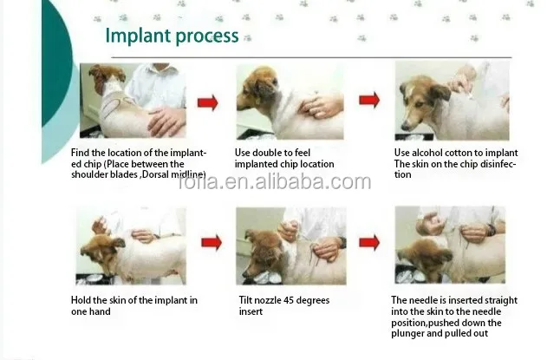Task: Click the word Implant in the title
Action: (x=138, y=36)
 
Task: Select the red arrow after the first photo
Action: (x=207, y=102)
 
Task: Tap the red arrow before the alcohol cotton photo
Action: (x=369, y=101)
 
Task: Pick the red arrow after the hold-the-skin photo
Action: (x=212, y=242)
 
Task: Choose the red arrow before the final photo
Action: (x=369, y=242)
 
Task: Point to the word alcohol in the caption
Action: (x=427, y=153)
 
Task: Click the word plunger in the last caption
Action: (x=407, y=333)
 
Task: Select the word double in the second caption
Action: (x=268, y=153)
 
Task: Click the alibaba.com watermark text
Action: (x=274, y=182)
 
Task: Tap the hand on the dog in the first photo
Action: (x=166, y=121)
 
